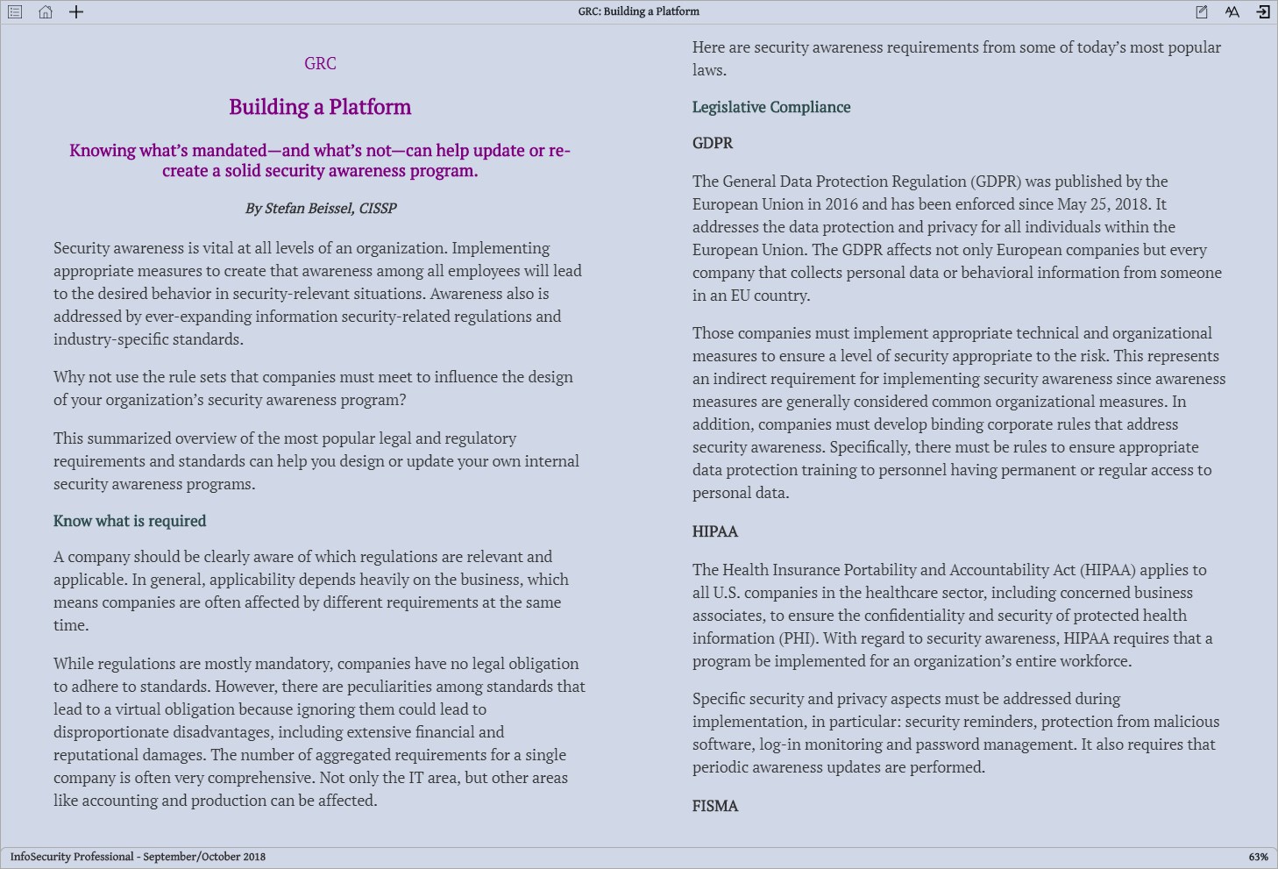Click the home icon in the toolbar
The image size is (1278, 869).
tap(46, 12)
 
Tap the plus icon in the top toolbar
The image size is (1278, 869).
tap(76, 12)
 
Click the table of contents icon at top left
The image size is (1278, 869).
tap(15, 12)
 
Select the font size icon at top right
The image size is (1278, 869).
tap(1232, 12)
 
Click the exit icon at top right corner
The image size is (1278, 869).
tap(1263, 12)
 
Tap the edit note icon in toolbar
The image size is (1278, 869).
tap(1202, 12)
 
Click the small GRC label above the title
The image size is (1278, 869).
tap(320, 63)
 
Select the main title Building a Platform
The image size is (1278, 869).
tap(320, 107)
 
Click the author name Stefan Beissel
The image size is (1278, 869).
tap(308, 209)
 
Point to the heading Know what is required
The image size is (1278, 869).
tap(130, 521)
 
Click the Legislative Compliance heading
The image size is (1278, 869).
tap(771, 107)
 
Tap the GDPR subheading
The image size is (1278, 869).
tap(713, 143)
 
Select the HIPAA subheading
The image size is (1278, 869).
tap(715, 531)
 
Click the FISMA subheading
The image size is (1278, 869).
tap(715, 806)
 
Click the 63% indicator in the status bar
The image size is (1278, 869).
tap(1258, 857)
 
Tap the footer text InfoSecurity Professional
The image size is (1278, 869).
tap(72, 857)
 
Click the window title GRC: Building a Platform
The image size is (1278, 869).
tap(638, 11)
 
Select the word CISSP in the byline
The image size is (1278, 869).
tap(378, 209)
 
